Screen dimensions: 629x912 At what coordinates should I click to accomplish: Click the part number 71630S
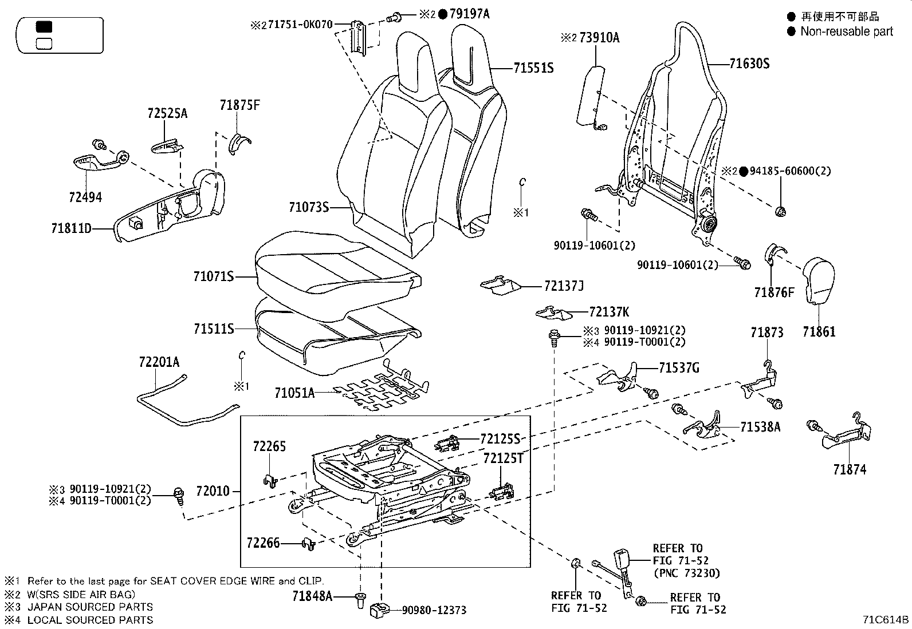point(749,64)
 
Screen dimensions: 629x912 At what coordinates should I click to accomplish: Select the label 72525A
point(167,113)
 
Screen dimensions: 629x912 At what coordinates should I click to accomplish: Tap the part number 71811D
point(70,229)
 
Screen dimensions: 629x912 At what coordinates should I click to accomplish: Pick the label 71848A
point(312,596)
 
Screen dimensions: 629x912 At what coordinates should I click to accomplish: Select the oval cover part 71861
point(821,280)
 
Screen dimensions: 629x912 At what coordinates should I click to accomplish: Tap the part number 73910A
point(599,38)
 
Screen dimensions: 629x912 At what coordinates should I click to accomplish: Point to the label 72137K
point(608,312)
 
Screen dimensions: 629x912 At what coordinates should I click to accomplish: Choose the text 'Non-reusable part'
point(846,31)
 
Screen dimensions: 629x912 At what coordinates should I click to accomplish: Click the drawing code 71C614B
point(886,620)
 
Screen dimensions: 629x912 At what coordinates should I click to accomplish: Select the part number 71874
point(850,470)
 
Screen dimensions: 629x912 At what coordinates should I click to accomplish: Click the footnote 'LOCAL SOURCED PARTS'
point(90,620)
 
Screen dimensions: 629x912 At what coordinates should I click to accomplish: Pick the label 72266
point(264,543)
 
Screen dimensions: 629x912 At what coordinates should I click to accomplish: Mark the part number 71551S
point(533,68)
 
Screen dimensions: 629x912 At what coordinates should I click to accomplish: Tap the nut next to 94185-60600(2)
point(780,212)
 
